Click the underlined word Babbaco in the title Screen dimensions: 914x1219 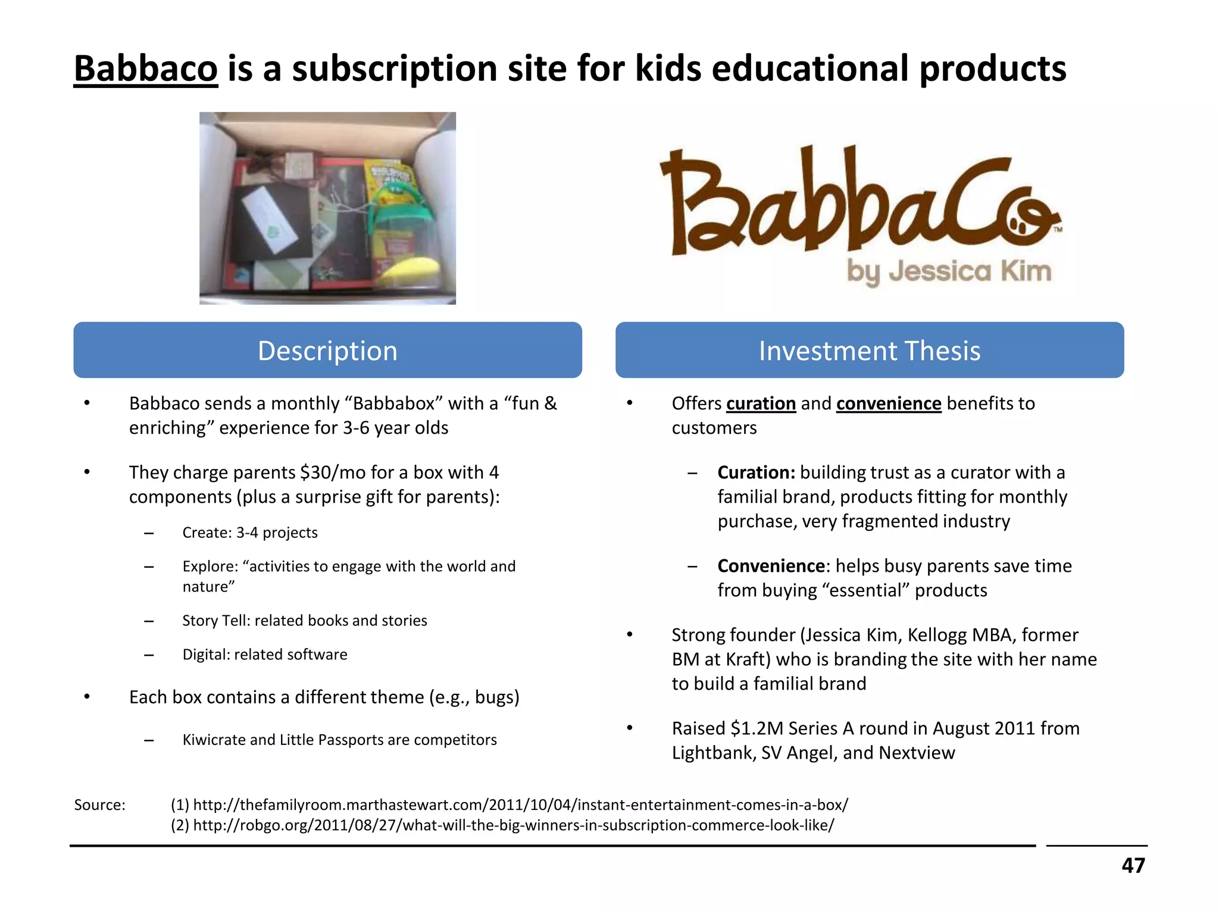[x=146, y=68]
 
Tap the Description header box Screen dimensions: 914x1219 [x=327, y=350]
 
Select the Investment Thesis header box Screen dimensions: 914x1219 [x=869, y=350]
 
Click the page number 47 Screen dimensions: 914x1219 [x=1133, y=865]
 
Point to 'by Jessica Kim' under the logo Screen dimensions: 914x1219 [x=949, y=271]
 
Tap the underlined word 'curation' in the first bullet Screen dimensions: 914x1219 [x=761, y=403]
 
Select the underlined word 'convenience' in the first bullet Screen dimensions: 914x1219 [x=888, y=403]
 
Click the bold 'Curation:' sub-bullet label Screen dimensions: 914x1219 [x=756, y=472]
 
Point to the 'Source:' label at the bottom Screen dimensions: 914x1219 [x=99, y=805]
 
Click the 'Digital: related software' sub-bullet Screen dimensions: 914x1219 [x=264, y=655]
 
